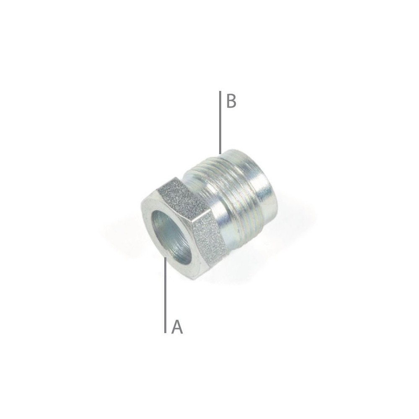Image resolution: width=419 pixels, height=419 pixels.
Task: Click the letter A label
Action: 177,327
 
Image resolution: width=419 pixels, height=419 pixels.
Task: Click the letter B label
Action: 231,101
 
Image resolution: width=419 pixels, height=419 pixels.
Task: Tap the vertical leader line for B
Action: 220,122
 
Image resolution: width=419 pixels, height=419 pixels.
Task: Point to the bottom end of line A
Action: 166,332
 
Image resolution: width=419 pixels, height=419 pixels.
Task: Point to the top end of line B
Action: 220,92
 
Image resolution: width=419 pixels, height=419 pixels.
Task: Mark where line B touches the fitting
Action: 220,153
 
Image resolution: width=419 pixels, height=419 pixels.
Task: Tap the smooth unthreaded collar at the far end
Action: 262,184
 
